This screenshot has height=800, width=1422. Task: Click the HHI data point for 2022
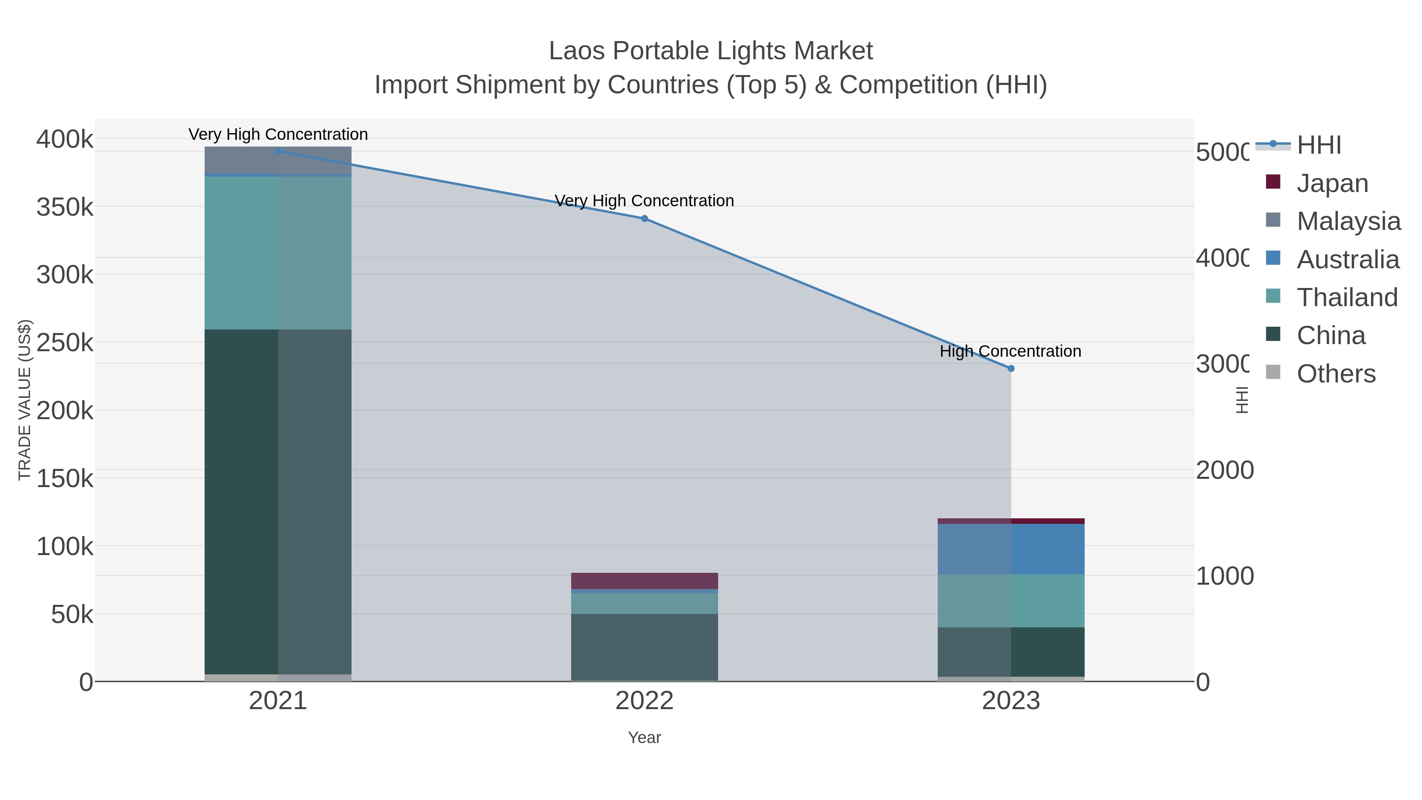(644, 218)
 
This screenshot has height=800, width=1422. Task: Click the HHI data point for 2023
(1011, 368)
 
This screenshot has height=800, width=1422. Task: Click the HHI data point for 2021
(278, 151)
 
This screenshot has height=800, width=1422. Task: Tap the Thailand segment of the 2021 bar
(278, 253)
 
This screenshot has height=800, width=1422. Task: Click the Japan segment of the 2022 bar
(644, 581)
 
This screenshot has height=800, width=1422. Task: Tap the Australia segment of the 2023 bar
(1011, 550)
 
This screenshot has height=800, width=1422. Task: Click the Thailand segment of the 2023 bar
(1011, 600)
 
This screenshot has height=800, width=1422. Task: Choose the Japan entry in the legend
(1332, 183)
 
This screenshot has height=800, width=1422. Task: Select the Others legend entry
(1335, 374)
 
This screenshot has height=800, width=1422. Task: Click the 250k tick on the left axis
(65, 343)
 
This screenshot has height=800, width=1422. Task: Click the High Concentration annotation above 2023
(1010, 351)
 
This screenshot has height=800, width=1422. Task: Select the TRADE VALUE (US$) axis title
(25, 400)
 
